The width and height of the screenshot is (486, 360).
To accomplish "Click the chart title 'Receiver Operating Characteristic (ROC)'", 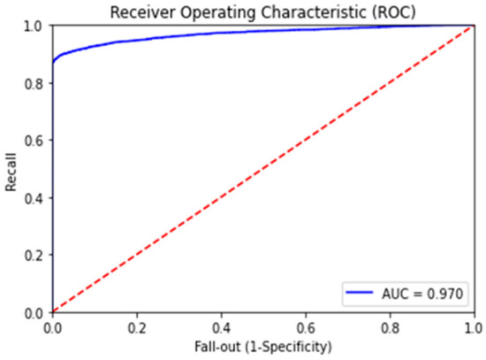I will pos(263,11).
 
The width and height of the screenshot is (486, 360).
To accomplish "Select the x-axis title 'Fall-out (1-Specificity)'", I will pos(263,347).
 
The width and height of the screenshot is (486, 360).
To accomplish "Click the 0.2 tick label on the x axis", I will pos(136,326).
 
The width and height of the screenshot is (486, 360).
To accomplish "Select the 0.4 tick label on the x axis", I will pos(221,326).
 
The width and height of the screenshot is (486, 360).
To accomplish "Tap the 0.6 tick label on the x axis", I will pos(306,326).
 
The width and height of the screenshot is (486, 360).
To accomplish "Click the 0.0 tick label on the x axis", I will pos(52,326).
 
